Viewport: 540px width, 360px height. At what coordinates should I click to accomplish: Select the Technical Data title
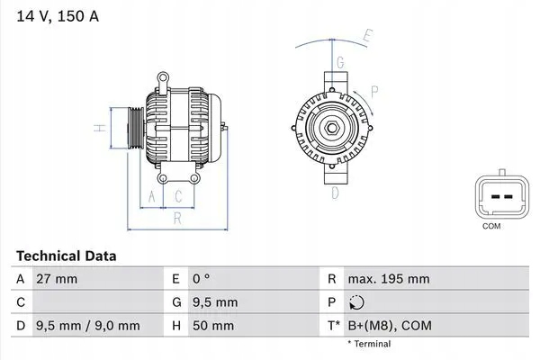tap(66, 256)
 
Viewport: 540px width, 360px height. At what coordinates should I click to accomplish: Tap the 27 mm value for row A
tap(56, 279)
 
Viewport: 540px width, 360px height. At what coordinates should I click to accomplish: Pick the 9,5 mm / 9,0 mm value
tap(87, 326)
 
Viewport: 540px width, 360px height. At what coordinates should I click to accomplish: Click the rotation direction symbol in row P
tap(357, 302)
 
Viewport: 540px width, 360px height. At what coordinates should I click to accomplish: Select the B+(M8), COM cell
tap(389, 326)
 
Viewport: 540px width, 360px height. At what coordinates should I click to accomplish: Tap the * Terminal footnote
tap(369, 344)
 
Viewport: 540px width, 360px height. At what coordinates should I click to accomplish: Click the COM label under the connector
tap(491, 226)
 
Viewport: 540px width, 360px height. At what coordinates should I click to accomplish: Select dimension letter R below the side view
tap(178, 217)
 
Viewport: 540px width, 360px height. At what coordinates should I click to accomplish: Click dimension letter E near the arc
tap(367, 37)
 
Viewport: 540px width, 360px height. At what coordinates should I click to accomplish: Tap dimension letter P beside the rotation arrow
tap(373, 90)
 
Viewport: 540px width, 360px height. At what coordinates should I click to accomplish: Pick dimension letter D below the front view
tap(335, 192)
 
